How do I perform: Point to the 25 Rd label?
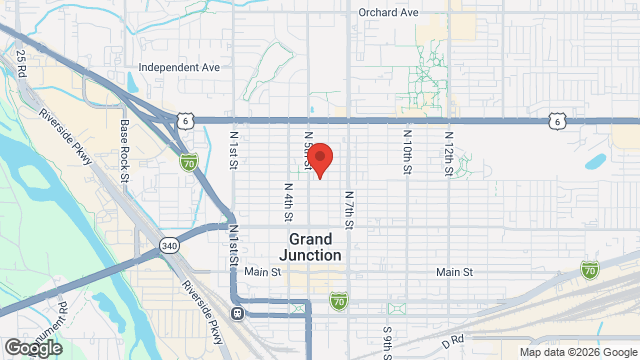click(x=22, y=68)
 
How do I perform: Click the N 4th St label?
click(x=288, y=201)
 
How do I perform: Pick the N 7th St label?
click(x=349, y=210)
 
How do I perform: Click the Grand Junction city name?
click(x=315, y=247)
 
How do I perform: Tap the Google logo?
click(x=32, y=347)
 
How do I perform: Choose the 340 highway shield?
click(x=169, y=245)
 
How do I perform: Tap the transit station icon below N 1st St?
click(x=238, y=313)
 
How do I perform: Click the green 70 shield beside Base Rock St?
click(x=188, y=161)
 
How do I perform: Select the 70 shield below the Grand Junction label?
click(x=340, y=299)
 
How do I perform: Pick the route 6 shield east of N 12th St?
click(x=556, y=121)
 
